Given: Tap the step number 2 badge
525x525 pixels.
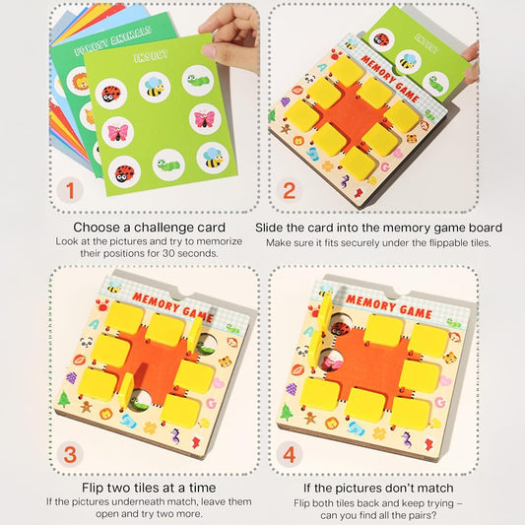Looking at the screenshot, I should pos(288,191).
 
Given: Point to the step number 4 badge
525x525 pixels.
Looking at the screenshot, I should pos(288,455).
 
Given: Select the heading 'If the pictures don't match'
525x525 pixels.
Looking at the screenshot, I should pos(378,488).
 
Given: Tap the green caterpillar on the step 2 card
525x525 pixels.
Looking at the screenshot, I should pos(430,85).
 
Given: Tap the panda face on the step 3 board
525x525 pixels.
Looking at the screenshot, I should pos(86,343).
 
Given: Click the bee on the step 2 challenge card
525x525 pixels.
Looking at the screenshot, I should pos(408,60).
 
